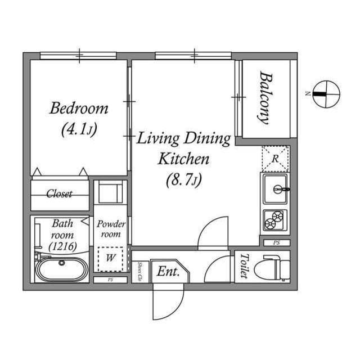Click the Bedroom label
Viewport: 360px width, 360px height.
(x=78, y=108)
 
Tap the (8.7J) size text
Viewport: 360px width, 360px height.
(x=183, y=181)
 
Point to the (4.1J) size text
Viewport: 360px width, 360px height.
(x=79, y=129)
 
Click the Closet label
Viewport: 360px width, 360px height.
(x=59, y=194)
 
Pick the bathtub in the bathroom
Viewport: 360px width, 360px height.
(x=62, y=269)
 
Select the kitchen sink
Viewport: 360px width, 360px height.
(x=275, y=189)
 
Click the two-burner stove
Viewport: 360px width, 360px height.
(x=275, y=219)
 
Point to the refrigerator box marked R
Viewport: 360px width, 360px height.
(x=276, y=158)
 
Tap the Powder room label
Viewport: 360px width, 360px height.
(x=111, y=229)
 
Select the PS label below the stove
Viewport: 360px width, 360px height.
(x=276, y=243)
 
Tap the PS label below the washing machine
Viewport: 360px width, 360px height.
(x=110, y=280)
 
